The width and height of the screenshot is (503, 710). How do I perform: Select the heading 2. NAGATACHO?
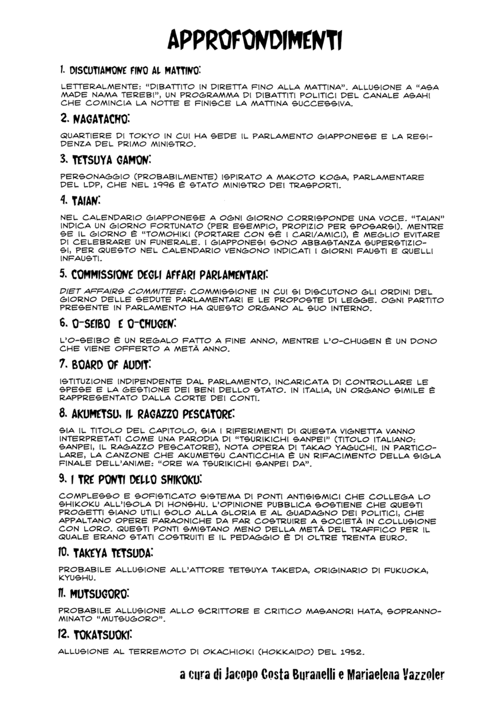coord(94,120)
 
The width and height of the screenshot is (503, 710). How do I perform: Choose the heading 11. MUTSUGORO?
coord(94,592)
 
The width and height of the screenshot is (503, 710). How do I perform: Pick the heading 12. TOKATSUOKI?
coord(95,635)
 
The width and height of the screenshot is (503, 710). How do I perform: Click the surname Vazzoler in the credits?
coord(419,675)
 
